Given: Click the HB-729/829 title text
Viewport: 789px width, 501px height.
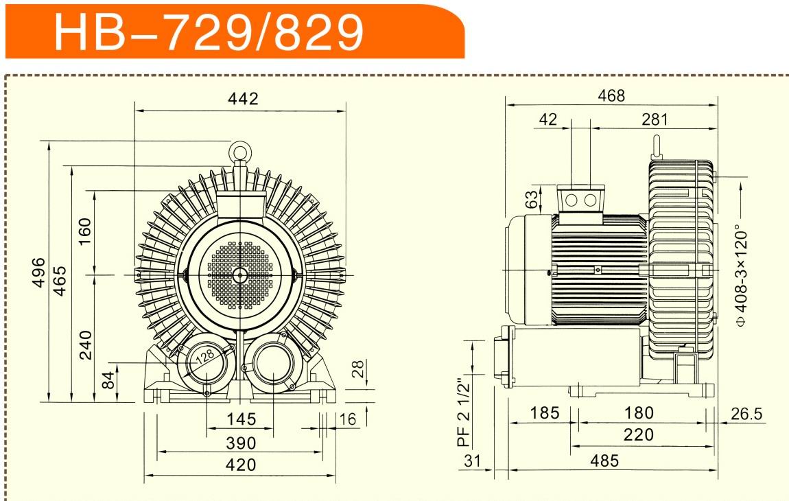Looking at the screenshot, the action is [x=209, y=32].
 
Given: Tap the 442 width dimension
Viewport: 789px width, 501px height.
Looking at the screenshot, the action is [x=243, y=98].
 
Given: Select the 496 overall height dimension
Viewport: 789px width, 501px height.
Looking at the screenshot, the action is [x=38, y=272].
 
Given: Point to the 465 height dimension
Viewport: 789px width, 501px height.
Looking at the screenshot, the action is [x=60, y=281].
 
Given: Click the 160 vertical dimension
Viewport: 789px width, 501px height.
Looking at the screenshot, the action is [x=84, y=231].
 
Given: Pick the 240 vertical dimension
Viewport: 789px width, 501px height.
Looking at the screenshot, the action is [x=86, y=345].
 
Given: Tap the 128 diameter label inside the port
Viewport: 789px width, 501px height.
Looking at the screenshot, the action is [x=205, y=357].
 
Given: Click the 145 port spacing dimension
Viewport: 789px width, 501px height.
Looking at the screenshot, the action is [x=241, y=419].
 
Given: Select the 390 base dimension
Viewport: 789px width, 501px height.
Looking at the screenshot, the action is [x=241, y=443].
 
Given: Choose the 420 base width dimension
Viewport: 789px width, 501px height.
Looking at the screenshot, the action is [x=241, y=465].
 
